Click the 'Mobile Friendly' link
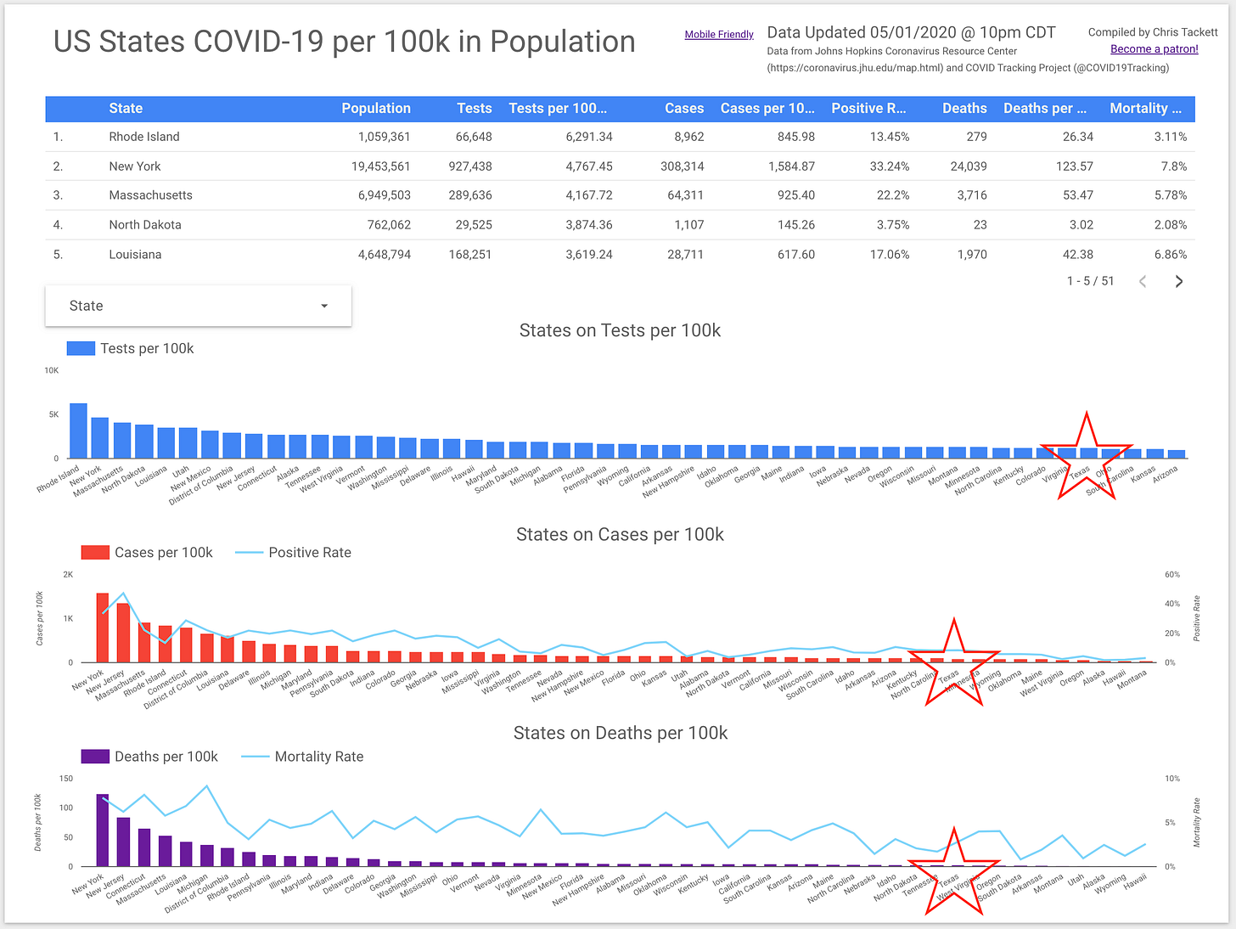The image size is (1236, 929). pos(719,35)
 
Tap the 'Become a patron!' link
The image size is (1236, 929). pos(1154,49)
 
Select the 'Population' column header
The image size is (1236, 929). pos(375,109)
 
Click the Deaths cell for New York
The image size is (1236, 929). pos(968,166)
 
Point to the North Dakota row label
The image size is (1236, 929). pos(145,225)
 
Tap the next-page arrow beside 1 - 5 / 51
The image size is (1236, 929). pos(1178,282)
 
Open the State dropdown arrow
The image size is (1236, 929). pos(324,307)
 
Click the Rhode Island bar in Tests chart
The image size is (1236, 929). pos(78,431)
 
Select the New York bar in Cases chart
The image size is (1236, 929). pos(103,628)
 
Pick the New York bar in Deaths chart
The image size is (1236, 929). pos(103,830)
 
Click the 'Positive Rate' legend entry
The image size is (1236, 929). pos(309,553)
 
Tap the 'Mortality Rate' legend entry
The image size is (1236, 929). pos(318,757)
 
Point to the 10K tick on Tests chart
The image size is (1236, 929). pos(52,371)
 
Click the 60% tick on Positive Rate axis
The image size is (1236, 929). pos(1171,575)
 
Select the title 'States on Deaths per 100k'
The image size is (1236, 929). pos(620,734)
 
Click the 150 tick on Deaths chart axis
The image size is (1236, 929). pos(65,779)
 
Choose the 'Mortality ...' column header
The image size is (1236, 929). pos(1144,109)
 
